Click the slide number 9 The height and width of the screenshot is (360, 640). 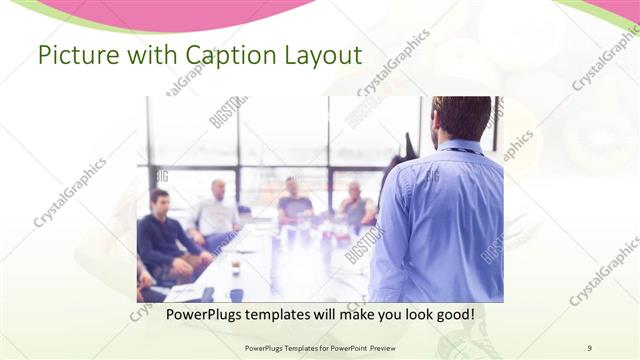(x=589, y=347)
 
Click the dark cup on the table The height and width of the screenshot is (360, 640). (x=236, y=267)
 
